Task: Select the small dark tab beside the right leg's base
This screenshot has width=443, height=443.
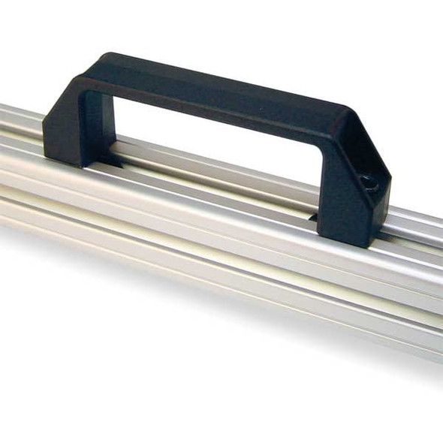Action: pyautogui.click(x=312, y=218)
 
